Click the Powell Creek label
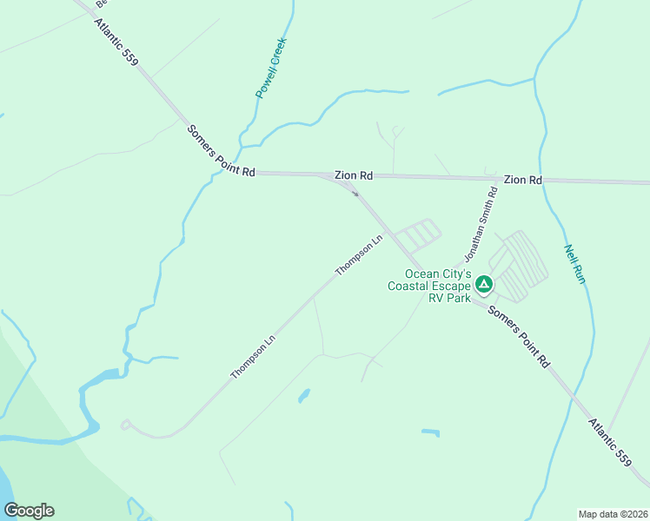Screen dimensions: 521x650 tap(271, 67)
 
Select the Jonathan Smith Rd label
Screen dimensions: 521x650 tap(481, 228)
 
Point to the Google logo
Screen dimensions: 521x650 tap(29, 511)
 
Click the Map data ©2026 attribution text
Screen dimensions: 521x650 tap(612, 513)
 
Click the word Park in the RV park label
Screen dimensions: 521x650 tap(459, 297)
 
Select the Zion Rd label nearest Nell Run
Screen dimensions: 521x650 tap(522, 180)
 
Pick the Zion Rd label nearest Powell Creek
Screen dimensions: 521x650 tap(354, 175)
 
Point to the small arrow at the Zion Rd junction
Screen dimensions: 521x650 tap(355, 194)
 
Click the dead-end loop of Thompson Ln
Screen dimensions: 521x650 tap(126, 425)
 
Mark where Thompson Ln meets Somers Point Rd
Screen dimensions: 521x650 tap(394, 234)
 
